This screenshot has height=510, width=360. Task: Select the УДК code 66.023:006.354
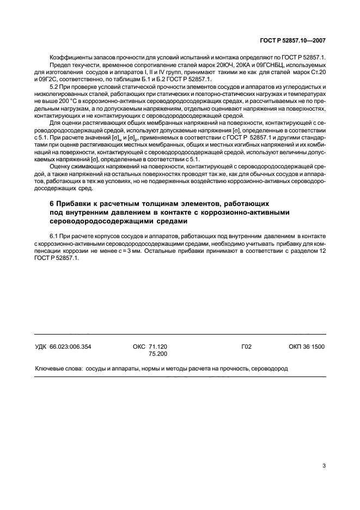coord(63,347)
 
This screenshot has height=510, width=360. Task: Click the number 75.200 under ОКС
coord(158,354)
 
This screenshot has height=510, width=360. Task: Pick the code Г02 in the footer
coord(246,347)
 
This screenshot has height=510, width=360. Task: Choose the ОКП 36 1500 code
coord(307,347)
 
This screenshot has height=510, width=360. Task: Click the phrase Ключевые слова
coord(57,368)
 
